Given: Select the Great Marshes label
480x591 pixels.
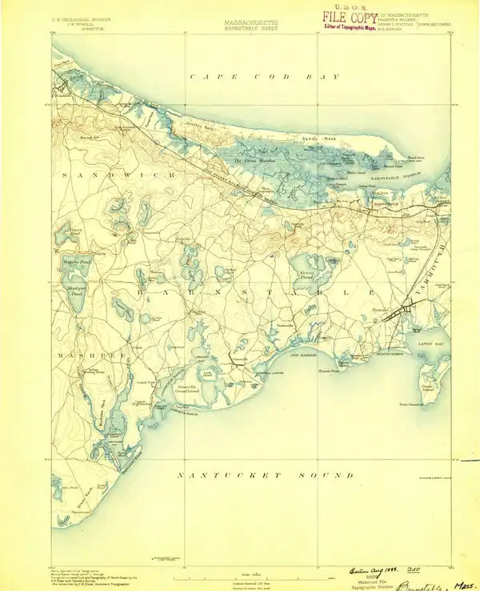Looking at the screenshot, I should coord(250,161).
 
